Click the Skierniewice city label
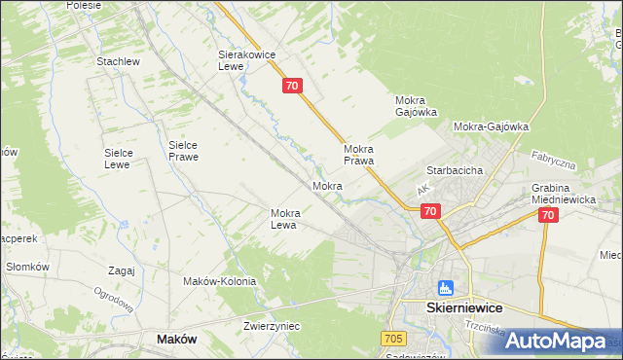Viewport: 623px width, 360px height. point(471,306)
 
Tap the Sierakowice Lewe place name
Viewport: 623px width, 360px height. point(243,61)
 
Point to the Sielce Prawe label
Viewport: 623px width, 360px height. point(183,149)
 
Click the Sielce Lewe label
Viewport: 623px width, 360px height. point(125,159)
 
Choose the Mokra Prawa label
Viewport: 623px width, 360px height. point(359,155)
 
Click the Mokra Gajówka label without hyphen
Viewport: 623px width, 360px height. point(416,105)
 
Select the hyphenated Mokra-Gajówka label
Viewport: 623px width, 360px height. point(491,126)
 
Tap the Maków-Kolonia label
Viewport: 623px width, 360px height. point(219,281)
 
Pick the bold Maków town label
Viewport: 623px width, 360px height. point(176,340)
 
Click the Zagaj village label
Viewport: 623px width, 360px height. point(122,271)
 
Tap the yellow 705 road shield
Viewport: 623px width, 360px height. point(393,339)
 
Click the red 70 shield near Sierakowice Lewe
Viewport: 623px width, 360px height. point(294,87)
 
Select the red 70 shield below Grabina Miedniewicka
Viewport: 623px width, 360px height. point(548,216)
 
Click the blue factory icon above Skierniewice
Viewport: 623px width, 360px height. point(446,288)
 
